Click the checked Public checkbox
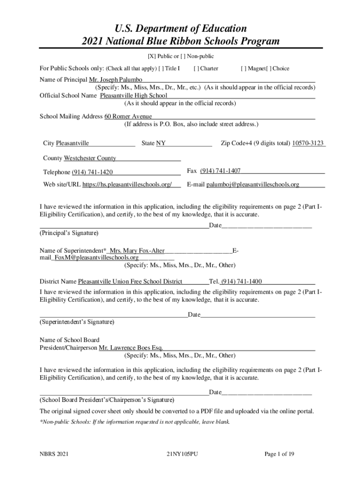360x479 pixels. tap(152, 57)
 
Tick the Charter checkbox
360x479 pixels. tap(196, 69)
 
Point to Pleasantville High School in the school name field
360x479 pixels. tap(134, 96)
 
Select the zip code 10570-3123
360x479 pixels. tap(308, 143)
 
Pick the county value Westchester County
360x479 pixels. tap(90, 158)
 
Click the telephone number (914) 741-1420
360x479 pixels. tap(92, 172)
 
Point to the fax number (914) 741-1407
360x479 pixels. tap(220, 171)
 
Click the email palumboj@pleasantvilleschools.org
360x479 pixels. tap(252, 185)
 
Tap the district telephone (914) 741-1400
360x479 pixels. tap(241, 282)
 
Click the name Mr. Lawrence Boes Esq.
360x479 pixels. tap(130, 348)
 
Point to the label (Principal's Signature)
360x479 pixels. tap(69, 233)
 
